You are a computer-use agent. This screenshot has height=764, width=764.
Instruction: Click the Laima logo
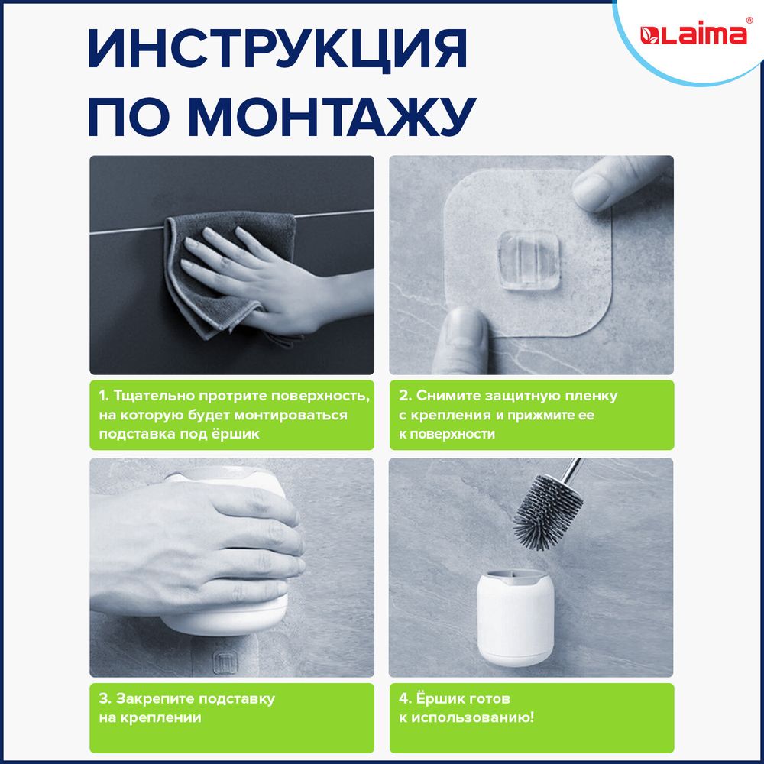(692, 34)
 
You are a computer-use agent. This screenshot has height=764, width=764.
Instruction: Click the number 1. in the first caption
(104, 397)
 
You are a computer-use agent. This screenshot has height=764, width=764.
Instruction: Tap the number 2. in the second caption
(406, 397)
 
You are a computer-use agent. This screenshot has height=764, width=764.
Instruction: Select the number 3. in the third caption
(104, 699)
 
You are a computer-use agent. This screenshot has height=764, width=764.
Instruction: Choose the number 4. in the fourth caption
(406, 699)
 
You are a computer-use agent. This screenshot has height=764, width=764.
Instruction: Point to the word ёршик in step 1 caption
(238, 434)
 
